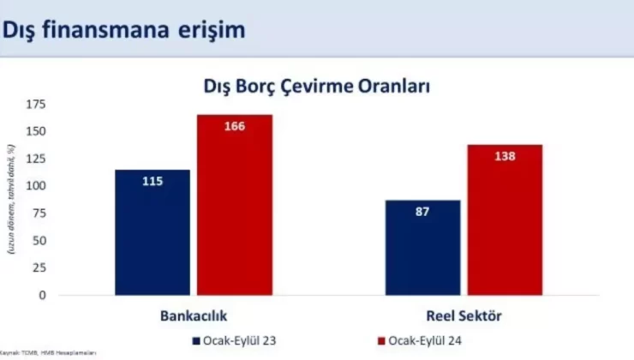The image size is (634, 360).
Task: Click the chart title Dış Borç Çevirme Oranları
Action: pyautogui.click(x=316, y=87)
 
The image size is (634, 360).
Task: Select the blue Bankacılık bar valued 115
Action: pyautogui.click(x=153, y=231)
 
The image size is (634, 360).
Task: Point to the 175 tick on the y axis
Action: pyautogui.click(x=36, y=105)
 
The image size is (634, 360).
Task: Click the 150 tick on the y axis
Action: pyautogui.click(x=36, y=132)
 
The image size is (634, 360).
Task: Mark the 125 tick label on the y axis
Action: pyautogui.click(x=36, y=159)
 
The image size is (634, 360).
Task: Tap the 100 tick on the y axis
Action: pyautogui.click(x=36, y=186)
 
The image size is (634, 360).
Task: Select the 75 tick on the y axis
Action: pyautogui.click(x=39, y=213)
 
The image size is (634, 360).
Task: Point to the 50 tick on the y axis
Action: pyautogui.click(x=39, y=241)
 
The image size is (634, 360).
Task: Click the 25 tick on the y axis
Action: pyautogui.click(x=39, y=267)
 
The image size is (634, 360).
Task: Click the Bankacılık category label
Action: pyautogui.click(x=193, y=315)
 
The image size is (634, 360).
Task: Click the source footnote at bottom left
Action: pyautogui.click(x=48, y=352)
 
